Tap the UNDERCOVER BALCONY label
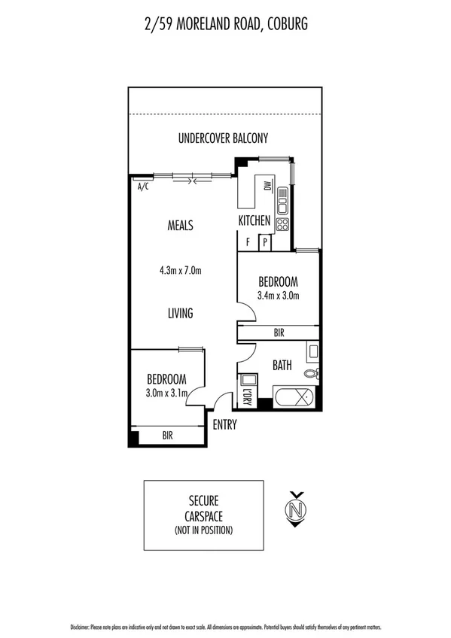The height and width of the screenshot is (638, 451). click(223, 138)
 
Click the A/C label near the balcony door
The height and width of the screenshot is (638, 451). click(143, 187)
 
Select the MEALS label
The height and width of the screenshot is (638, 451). click(180, 225)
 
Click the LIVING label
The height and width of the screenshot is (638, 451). click(180, 313)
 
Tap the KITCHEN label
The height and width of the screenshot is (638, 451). click(254, 220)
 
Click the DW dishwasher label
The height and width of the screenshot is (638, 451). click(267, 187)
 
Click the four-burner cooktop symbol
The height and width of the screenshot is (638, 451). click(283, 225)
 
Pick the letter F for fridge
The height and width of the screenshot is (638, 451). click(248, 242)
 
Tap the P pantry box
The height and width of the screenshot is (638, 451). click(265, 242)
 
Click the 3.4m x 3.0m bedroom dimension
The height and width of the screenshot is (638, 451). click(279, 295)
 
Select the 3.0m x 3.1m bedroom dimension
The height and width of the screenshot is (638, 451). click(166, 393)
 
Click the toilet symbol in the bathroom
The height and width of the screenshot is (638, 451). click(312, 373)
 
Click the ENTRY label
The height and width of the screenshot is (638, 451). click(224, 425)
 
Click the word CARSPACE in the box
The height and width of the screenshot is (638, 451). click(203, 516)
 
